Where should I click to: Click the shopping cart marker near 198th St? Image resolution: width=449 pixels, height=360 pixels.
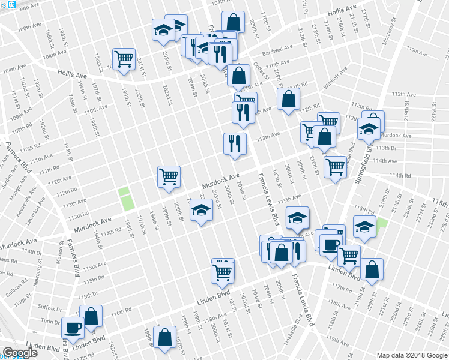coord(124,59)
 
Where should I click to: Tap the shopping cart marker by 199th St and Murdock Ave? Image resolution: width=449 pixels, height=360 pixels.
coord(169,177)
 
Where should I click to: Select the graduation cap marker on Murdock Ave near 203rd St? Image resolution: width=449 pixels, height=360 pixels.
coord(201,211)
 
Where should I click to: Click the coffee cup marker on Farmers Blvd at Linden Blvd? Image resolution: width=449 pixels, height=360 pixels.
coord(73,328)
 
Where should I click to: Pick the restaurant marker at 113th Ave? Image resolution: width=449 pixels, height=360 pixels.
coord(234,143)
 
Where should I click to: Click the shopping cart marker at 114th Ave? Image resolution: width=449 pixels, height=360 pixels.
coord(335,166)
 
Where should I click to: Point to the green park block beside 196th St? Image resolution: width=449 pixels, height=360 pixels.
coord(126,199)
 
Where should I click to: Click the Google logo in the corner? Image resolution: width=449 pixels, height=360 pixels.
coord(20,353)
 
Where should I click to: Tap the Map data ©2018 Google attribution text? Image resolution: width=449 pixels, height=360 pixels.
coord(412,355)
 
